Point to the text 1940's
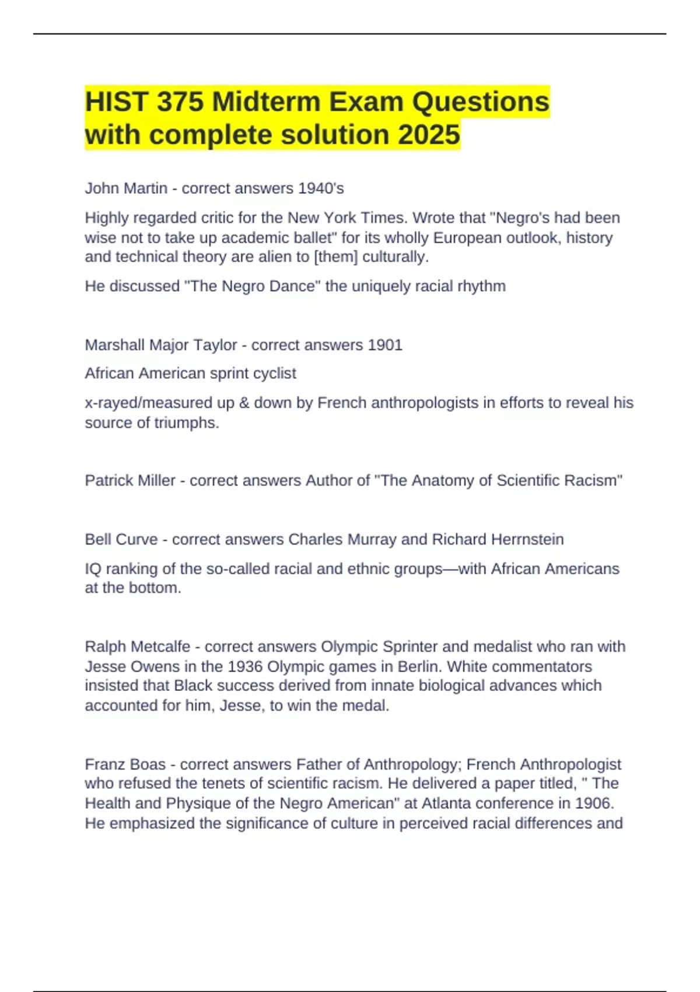(321, 188)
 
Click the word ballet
(313, 237)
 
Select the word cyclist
(274, 373)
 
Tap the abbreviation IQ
(93, 568)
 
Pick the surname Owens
(149, 666)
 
